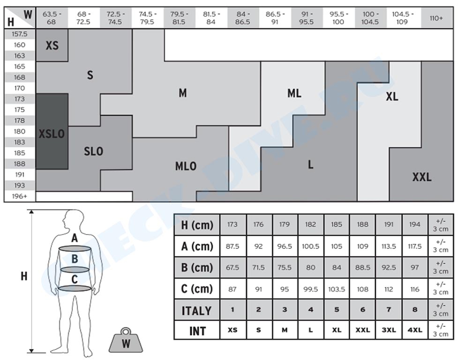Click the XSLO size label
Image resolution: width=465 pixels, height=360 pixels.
(x=52, y=134)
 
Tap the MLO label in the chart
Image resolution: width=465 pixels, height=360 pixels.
(x=186, y=166)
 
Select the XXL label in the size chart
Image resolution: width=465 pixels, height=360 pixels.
(x=422, y=177)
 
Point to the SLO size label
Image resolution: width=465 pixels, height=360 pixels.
(x=93, y=151)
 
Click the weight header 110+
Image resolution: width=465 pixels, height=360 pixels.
(x=436, y=18)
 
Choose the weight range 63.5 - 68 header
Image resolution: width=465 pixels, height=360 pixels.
(x=52, y=18)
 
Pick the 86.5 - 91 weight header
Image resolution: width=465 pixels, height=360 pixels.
(x=275, y=18)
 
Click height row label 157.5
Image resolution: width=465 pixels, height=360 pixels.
(x=20, y=34)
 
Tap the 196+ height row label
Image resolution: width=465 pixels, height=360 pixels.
(x=20, y=196)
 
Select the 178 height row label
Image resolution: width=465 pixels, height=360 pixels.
(x=20, y=120)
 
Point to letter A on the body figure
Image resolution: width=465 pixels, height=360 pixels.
(x=75, y=238)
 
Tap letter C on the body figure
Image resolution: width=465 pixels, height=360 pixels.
(x=75, y=279)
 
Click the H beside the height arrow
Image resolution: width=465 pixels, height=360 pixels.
(x=24, y=276)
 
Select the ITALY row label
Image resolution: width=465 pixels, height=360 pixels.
(x=196, y=311)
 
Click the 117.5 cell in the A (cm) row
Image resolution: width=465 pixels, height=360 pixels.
(x=414, y=246)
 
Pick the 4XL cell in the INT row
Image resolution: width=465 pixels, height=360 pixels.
(x=414, y=330)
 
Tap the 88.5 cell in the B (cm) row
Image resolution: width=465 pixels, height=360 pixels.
(x=362, y=268)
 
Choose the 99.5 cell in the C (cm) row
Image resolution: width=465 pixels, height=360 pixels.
(x=310, y=289)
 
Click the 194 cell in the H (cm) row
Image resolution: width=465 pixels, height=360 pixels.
(x=414, y=225)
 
